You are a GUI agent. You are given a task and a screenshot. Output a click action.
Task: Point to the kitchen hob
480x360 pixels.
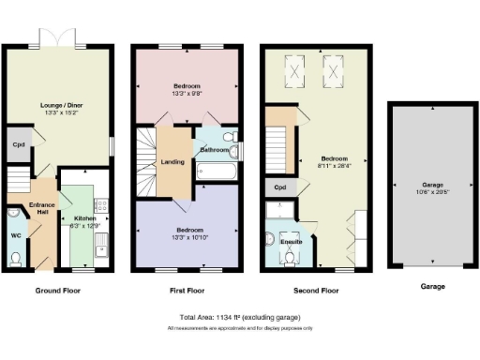coord(101,205)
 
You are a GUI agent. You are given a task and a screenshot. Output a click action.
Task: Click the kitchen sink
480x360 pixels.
coord(101,246)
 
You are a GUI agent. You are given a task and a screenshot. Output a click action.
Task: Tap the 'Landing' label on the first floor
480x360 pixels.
coord(172,162)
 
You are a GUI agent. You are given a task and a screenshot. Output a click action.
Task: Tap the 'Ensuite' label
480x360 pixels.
coord(292,241)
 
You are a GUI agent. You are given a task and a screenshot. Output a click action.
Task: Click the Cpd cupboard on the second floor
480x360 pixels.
coord(279,187)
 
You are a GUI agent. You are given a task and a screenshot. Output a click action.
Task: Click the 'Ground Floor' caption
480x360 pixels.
coord(57,291)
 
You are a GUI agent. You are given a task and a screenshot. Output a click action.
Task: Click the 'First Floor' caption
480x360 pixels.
coord(187,291)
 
